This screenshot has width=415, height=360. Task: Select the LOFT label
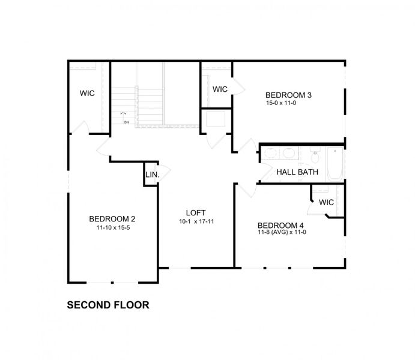(196, 212)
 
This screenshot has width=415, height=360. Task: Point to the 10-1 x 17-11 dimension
(196, 222)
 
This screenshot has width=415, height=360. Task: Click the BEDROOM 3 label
(288, 95)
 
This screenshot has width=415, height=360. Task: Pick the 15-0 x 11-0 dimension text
(281, 103)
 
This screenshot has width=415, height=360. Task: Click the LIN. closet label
(151, 176)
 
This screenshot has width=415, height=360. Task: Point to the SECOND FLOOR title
(108, 305)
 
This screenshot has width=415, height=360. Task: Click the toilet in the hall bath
(315, 158)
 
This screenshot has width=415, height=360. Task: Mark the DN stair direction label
(127, 122)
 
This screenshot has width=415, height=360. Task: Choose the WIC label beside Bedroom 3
(220, 89)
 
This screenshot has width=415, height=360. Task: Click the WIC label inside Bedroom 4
(326, 202)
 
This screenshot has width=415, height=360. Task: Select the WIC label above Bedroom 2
(88, 94)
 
